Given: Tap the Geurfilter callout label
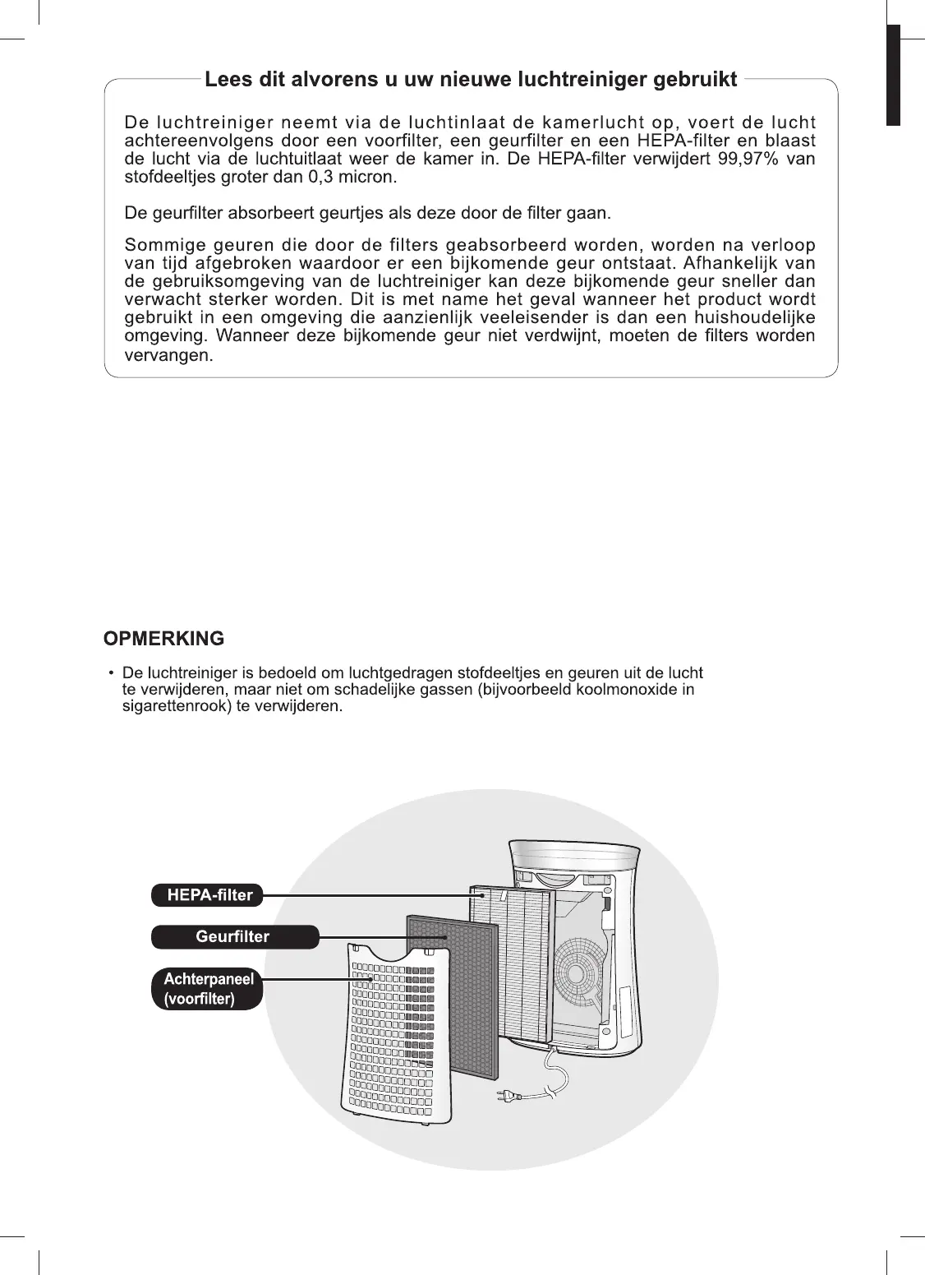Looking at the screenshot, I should coord(233,936).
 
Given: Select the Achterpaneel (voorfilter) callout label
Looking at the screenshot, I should coord(208,989).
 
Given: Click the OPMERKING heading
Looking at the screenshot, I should coord(163,639).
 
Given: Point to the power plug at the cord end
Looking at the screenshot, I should coord(509,1095).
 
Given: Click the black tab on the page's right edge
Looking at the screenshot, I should coord(893,74).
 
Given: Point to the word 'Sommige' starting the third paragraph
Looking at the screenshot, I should coord(159,246).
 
